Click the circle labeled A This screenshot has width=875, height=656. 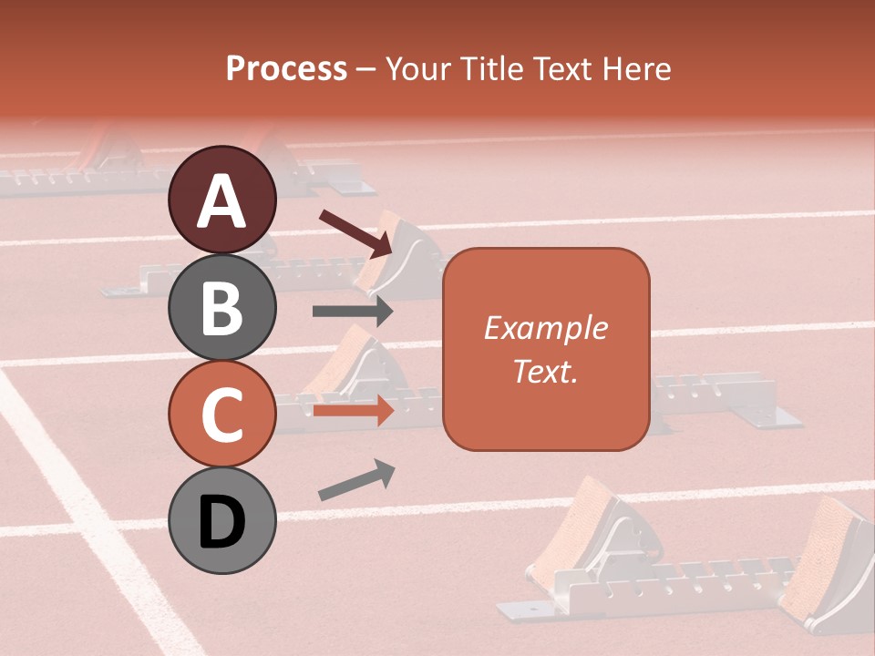[x=222, y=200]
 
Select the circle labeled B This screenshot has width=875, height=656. [x=222, y=307]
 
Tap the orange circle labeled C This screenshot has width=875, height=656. [x=222, y=415]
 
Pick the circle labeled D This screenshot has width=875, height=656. [x=222, y=521]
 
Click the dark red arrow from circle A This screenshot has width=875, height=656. [x=356, y=231]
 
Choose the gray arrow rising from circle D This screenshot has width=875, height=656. [x=356, y=480]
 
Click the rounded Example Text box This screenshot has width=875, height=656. [x=546, y=349]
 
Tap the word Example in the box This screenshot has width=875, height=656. [x=546, y=328]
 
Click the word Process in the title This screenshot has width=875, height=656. [x=286, y=68]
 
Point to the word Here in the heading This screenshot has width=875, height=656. [x=634, y=68]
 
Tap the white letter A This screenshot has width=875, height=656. [x=222, y=200]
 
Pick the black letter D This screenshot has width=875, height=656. [x=222, y=522]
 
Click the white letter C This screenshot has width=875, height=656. [x=222, y=415]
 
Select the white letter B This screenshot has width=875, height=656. [x=222, y=308]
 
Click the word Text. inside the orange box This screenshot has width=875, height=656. [x=546, y=371]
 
